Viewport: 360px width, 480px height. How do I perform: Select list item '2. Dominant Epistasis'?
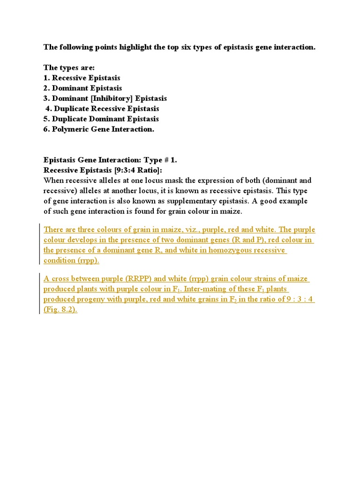coord(82,88)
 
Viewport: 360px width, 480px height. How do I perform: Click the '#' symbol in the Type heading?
coord(165,160)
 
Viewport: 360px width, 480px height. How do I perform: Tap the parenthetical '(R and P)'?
coord(239,240)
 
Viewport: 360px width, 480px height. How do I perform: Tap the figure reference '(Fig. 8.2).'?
coord(60,310)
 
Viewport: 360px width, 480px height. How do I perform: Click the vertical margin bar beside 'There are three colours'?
coord(39,245)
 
